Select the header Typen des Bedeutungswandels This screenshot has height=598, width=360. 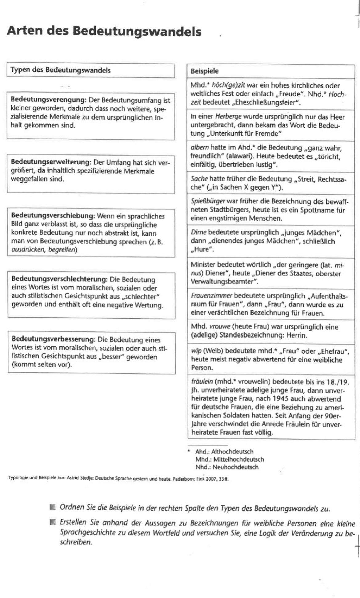60,70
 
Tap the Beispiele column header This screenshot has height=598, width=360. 204,71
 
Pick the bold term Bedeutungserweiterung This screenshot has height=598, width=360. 51,162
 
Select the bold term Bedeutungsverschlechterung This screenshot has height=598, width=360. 59,279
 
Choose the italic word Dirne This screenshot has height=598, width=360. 198,233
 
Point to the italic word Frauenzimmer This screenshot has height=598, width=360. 211,296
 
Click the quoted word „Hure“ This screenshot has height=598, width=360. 202,249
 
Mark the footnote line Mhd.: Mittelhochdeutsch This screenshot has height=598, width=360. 229,459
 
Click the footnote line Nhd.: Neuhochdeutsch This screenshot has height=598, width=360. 227,467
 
